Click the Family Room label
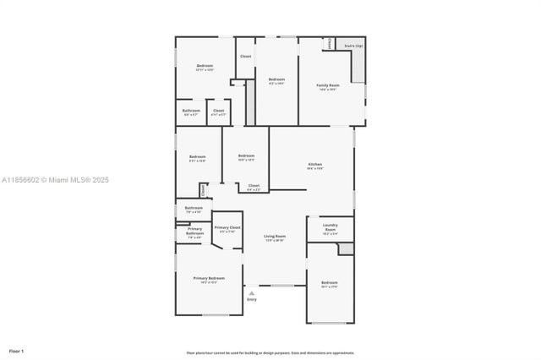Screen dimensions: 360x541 coord(328,85)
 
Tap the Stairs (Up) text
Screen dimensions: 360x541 coord(353,46)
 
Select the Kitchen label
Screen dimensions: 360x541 coord(314,165)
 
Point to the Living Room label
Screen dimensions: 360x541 coord(275,237)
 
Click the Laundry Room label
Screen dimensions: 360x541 coord(330,227)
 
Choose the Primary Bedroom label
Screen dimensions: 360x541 coord(209,279)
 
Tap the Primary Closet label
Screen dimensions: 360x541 coord(227,228)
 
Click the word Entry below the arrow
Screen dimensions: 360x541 coord(251,300)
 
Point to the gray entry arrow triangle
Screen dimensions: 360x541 coord(251,292)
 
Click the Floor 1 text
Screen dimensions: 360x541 coord(17,351)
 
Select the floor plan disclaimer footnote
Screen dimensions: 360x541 coord(270,353)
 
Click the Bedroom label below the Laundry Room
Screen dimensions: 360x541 coord(329,282)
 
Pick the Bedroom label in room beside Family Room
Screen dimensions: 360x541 coord(276,79)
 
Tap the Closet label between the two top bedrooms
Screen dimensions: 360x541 coord(245,56)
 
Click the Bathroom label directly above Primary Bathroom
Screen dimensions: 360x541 coord(194,208)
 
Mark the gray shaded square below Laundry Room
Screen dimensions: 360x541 coord(345,248)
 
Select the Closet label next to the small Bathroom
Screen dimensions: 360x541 coord(218,111)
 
